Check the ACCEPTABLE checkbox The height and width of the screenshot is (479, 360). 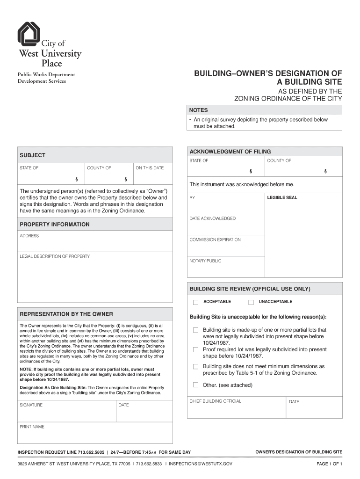tap(196, 302)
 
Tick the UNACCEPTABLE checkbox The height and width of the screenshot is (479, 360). tap(251, 302)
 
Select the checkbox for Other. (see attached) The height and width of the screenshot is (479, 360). tap(196, 385)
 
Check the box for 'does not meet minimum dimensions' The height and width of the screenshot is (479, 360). tap(196, 367)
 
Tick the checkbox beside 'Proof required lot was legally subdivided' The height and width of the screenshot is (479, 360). tap(196, 349)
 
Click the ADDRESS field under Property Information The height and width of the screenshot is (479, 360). tap(95, 243)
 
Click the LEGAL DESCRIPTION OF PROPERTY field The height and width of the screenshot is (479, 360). tap(95, 278)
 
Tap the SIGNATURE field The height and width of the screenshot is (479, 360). tap(66, 411)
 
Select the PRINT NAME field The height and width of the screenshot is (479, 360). tap(95, 433)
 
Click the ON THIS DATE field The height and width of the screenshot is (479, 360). tap(153, 174)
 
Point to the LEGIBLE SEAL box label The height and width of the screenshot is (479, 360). tap(282, 198)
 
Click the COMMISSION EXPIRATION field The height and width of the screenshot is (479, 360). tap(225, 246)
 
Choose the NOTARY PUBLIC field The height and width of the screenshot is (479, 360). tap(225, 267)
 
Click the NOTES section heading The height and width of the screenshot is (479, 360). tap(198, 110)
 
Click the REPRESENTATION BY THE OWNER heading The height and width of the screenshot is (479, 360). tap(66, 314)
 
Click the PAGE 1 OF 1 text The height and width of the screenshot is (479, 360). tap(329, 464)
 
